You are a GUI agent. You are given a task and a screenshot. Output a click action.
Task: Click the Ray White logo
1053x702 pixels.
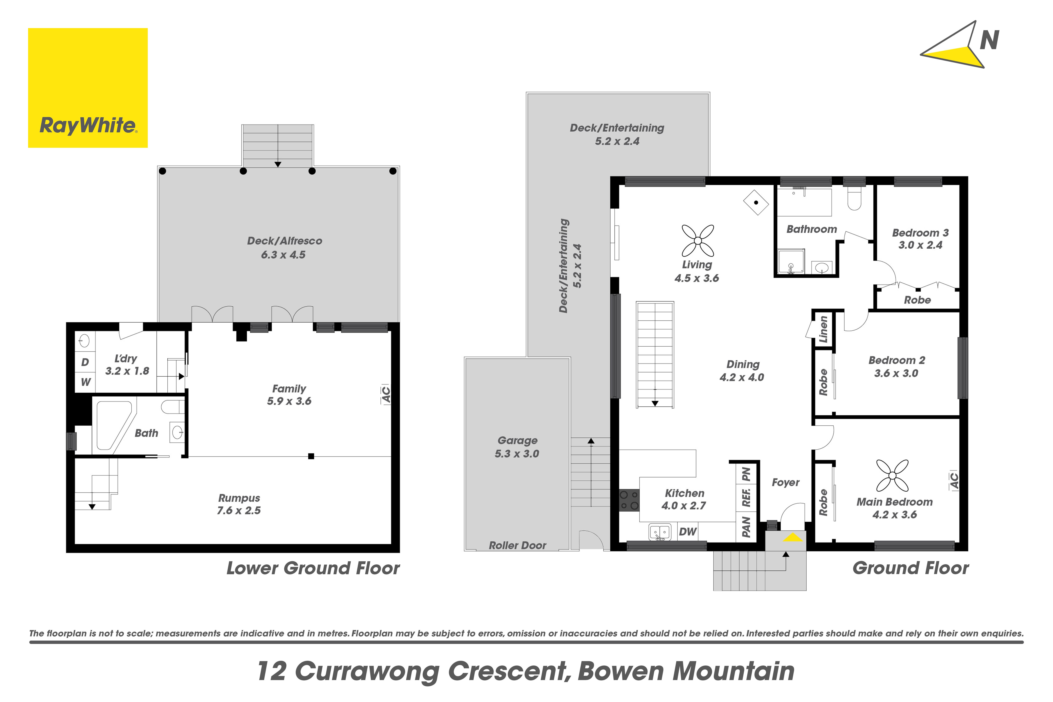pyautogui.click(x=88, y=88)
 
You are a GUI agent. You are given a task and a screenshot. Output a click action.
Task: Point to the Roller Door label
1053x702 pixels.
pyautogui.click(x=518, y=545)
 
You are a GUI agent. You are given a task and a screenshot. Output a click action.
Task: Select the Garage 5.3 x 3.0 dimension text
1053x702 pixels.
pyautogui.click(x=517, y=453)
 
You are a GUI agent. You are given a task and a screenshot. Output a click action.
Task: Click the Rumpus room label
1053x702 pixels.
pyautogui.click(x=239, y=498)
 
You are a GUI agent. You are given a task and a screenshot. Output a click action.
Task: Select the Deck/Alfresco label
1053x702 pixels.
pyautogui.click(x=285, y=241)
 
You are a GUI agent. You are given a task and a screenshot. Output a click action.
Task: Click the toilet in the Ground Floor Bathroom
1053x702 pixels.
pyautogui.click(x=854, y=198)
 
